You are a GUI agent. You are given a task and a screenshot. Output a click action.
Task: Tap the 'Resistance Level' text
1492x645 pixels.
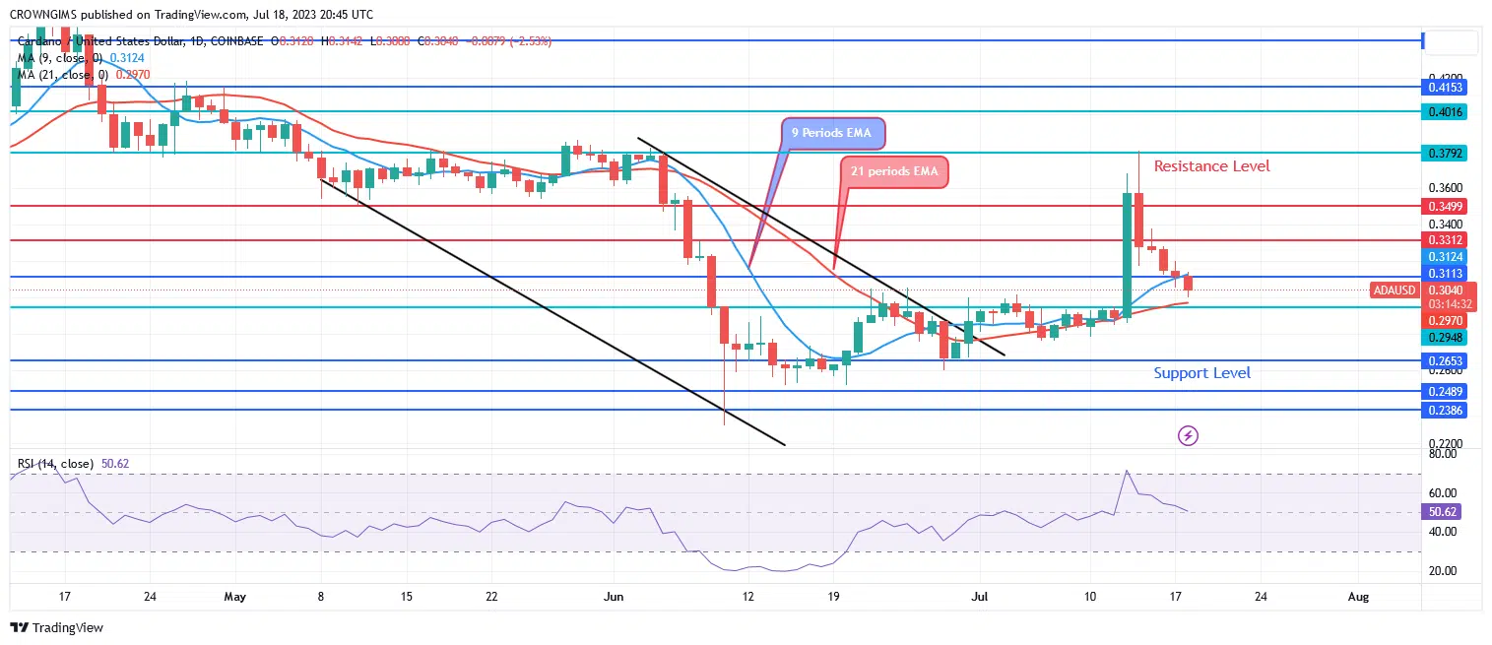tap(1211, 166)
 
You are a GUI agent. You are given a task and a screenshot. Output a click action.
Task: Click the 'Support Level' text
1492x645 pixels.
tap(1201, 373)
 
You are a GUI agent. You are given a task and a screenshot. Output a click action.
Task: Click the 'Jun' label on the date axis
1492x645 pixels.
tap(614, 597)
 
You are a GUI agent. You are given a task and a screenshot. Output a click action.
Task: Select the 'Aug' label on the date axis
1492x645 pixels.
tap(1357, 597)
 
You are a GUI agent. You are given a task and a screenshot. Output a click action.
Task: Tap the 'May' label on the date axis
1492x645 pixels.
tap(233, 597)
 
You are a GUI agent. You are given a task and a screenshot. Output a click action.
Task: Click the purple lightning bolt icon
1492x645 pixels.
tap(1189, 435)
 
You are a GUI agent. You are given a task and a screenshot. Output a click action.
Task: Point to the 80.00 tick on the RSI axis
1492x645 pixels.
tap(1443, 454)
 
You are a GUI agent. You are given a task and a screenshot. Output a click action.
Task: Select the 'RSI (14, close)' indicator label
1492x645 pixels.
tap(54, 464)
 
